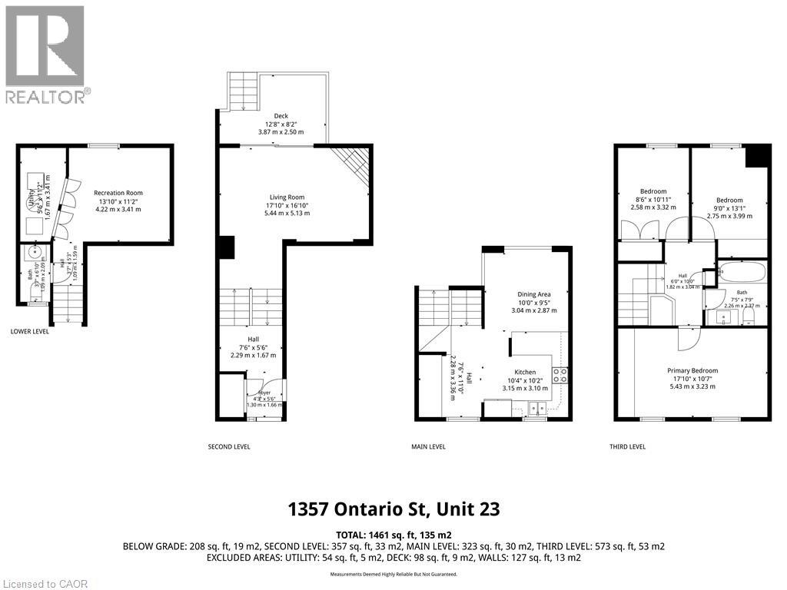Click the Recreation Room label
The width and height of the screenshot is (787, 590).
pyautogui.click(x=118, y=193)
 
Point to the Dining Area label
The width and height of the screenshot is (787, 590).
pyautogui.click(x=533, y=293)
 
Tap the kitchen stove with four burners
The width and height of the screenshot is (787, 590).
pyautogui.click(x=560, y=376)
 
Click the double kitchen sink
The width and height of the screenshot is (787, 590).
pyautogui.click(x=536, y=408)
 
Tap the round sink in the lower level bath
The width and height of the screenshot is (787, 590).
pyautogui.click(x=35, y=253)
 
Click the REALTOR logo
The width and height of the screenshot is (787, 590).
pyautogui.click(x=45, y=54)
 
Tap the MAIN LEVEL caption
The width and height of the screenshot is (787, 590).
pyautogui.click(x=428, y=446)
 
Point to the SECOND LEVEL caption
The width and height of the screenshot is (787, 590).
pyautogui.click(x=229, y=446)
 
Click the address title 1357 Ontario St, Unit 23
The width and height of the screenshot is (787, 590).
pyautogui.click(x=393, y=509)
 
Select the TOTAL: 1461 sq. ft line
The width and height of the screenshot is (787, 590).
pyautogui.click(x=393, y=534)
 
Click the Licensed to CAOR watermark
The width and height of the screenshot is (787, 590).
pyautogui.click(x=45, y=583)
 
